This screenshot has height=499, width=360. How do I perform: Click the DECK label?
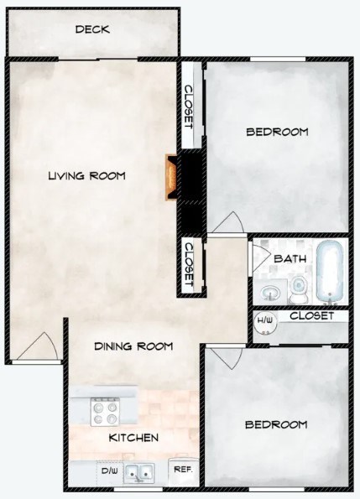click(92, 29)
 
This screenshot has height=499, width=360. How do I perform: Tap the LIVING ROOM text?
click(86, 176)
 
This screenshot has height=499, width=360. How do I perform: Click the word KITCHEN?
click(134, 438)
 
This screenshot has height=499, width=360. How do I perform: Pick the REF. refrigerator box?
click(181, 471)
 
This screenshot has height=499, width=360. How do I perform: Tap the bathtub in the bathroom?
click(329, 273)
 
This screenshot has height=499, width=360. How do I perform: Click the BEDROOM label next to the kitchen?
click(275, 424)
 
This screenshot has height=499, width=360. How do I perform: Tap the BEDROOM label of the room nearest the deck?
click(277, 132)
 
